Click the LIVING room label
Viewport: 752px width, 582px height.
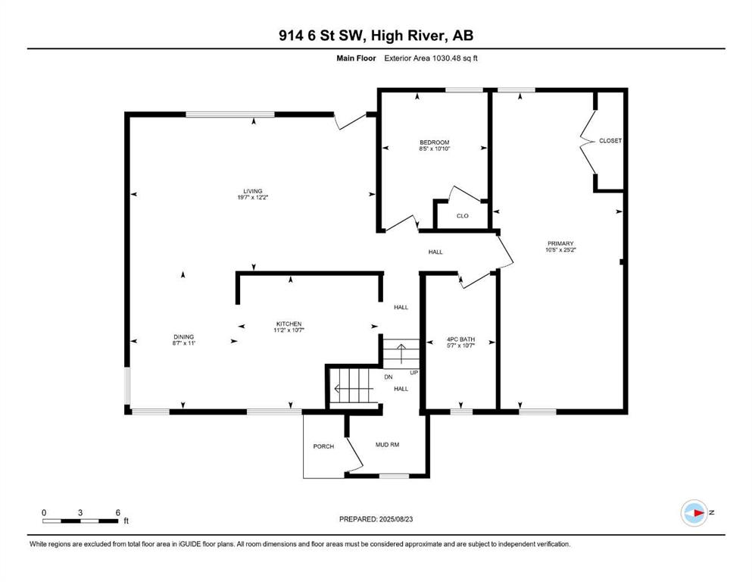point(252,191)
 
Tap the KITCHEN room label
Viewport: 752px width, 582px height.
point(289,324)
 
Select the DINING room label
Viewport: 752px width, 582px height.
point(184,336)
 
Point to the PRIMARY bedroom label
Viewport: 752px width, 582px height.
point(560,244)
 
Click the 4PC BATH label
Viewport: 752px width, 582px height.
point(460,339)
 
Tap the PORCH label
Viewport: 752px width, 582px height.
point(323,446)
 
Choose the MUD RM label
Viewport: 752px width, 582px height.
point(387,445)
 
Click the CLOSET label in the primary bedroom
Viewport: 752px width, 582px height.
point(610,141)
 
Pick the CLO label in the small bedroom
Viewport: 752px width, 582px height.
point(462,216)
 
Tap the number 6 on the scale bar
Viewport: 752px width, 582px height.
point(117,512)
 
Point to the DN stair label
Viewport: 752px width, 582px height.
point(388,377)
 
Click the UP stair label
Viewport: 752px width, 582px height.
point(414,373)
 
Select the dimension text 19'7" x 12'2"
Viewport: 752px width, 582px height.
point(252,197)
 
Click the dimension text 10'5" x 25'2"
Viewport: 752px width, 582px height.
point(560,250)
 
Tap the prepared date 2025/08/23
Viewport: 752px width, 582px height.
point(395,519)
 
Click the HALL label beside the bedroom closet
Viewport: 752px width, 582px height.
point(435,252)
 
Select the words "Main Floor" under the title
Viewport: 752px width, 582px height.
point(356,58)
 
